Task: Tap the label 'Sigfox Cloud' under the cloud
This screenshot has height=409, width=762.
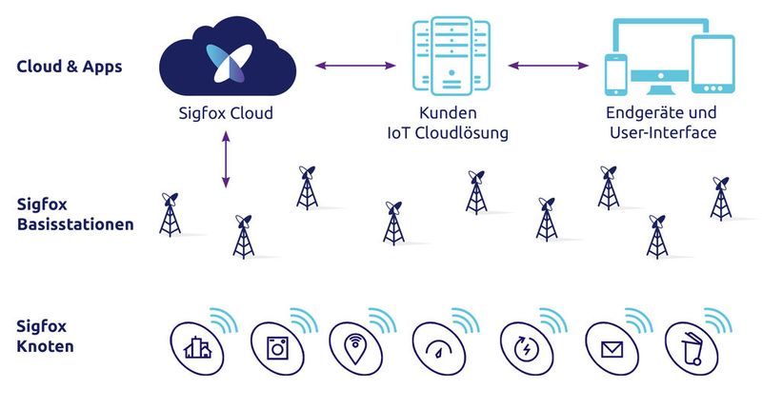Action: [x=227, y=113]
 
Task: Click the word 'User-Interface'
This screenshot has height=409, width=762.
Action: [x=662, y=133]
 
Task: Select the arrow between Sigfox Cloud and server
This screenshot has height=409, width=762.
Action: [x=354, y=66]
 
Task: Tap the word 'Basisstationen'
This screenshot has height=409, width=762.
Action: [x=75, y=225]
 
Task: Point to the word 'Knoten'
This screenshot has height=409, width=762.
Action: [x=45, y=346]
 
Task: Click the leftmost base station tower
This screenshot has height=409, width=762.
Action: [x=170, y=215]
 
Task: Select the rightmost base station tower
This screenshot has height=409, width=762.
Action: [x=721, y=198]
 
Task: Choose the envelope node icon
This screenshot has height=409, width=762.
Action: [x=611, y=349]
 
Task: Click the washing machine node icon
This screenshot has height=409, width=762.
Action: [x=277, y=349]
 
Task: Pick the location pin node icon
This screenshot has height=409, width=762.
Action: [x=354, y=349]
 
